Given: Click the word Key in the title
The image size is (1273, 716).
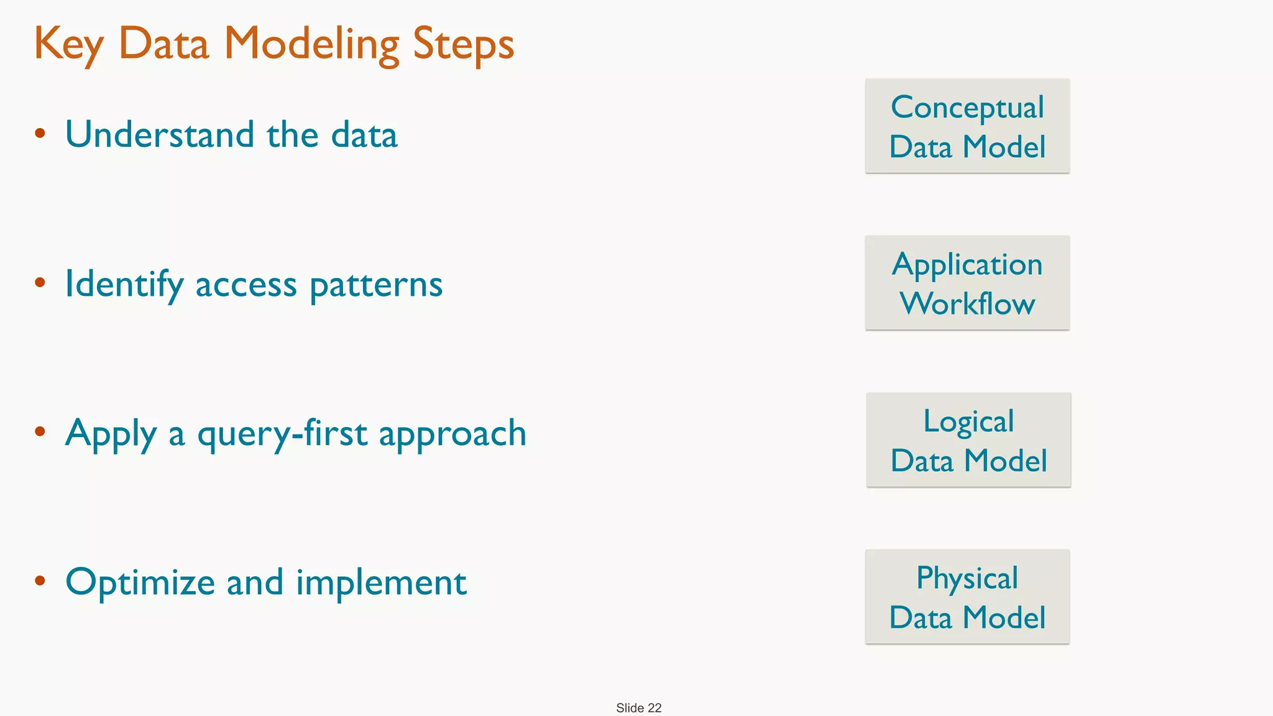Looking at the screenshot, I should pyautogui.click(x=68, y=45).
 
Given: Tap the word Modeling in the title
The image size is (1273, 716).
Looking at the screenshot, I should pyautogui.click(x=311, y=45).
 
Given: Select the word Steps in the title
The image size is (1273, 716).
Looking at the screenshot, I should pyautogui.click(x=463, y=45).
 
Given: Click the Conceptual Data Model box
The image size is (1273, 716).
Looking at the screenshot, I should pyautogui.click(x=967, y=126).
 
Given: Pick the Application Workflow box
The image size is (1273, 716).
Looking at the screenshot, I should pyautogui.click(x=967, y=283).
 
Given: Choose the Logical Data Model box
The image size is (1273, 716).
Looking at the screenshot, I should pyautogui.click(x=968, y=440).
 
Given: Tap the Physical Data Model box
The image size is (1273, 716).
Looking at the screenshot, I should pyautogui.click(x=967, y=597).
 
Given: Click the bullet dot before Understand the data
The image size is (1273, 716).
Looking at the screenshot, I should pyautogui.click(x=40, y=133).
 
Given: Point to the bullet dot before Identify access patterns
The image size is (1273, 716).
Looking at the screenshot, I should pyautogui.click(x=40, y=283).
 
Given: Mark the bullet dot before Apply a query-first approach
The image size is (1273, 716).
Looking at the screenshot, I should pyautogui.click(x=40, y=431).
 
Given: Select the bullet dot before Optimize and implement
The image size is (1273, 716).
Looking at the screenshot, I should pyautogui.click(x=40, y=581).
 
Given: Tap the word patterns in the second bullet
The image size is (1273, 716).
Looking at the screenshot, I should pyautogui.click(x=376, y=285).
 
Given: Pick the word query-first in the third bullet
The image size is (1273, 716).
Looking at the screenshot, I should pyautogui.click(x=282, y=434).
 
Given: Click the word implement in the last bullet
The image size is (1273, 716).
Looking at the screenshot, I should pyautogui.click(x=381, y=583).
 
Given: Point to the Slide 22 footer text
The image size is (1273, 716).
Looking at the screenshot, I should pyautogui.click(x=638, y=708).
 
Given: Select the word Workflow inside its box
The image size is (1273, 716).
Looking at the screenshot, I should pyautogui.click(x=967, y=303).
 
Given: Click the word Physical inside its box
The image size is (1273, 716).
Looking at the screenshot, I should pyautogui.click(x=967, y=578).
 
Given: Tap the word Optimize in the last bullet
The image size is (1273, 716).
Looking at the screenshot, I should pyautogui.click(x=140, y=583).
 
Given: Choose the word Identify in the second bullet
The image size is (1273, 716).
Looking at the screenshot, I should pyautogui.click(x=124, y=285).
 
